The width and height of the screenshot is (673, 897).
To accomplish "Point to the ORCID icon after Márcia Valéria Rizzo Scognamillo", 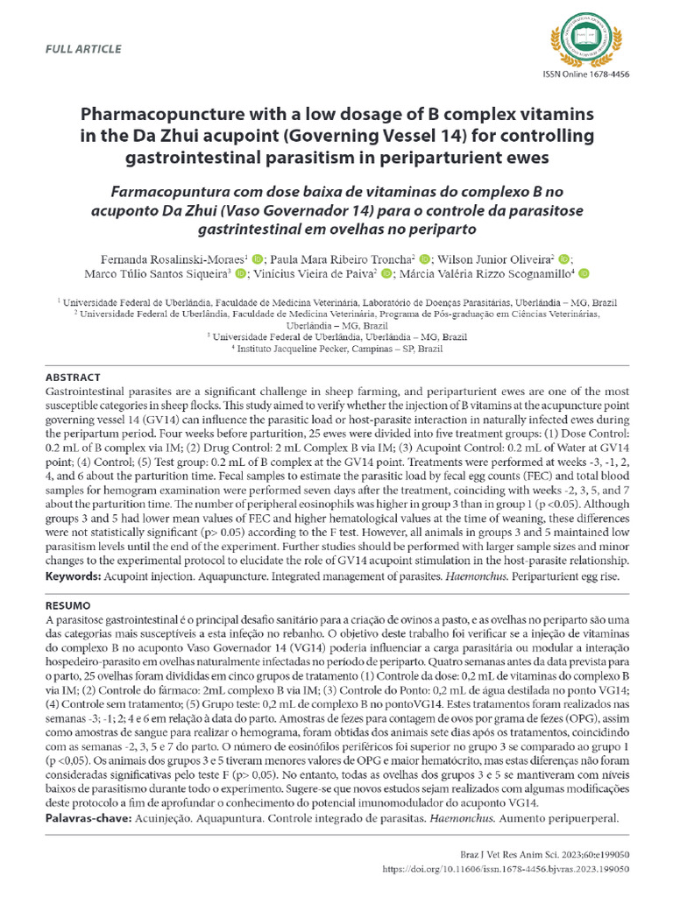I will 584,274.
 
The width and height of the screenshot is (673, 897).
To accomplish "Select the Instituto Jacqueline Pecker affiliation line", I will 336,348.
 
